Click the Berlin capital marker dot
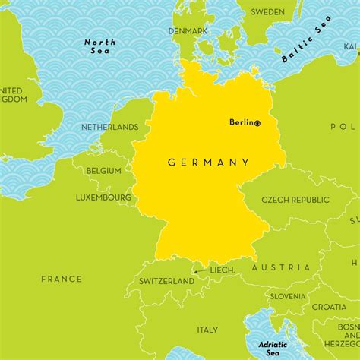coord(257,123)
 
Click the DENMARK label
coord(189,30)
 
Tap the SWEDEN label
coord(268,12)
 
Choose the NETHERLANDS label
coord(110,128)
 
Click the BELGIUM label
coord(103,171)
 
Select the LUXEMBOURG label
coord(103,197)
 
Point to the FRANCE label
coord(62,279)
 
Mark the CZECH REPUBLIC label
coord(295,200)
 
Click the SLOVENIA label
coord(288,296)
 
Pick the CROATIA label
coord(329,307)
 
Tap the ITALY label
coord(207,330)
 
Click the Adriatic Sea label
coord(273,348)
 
